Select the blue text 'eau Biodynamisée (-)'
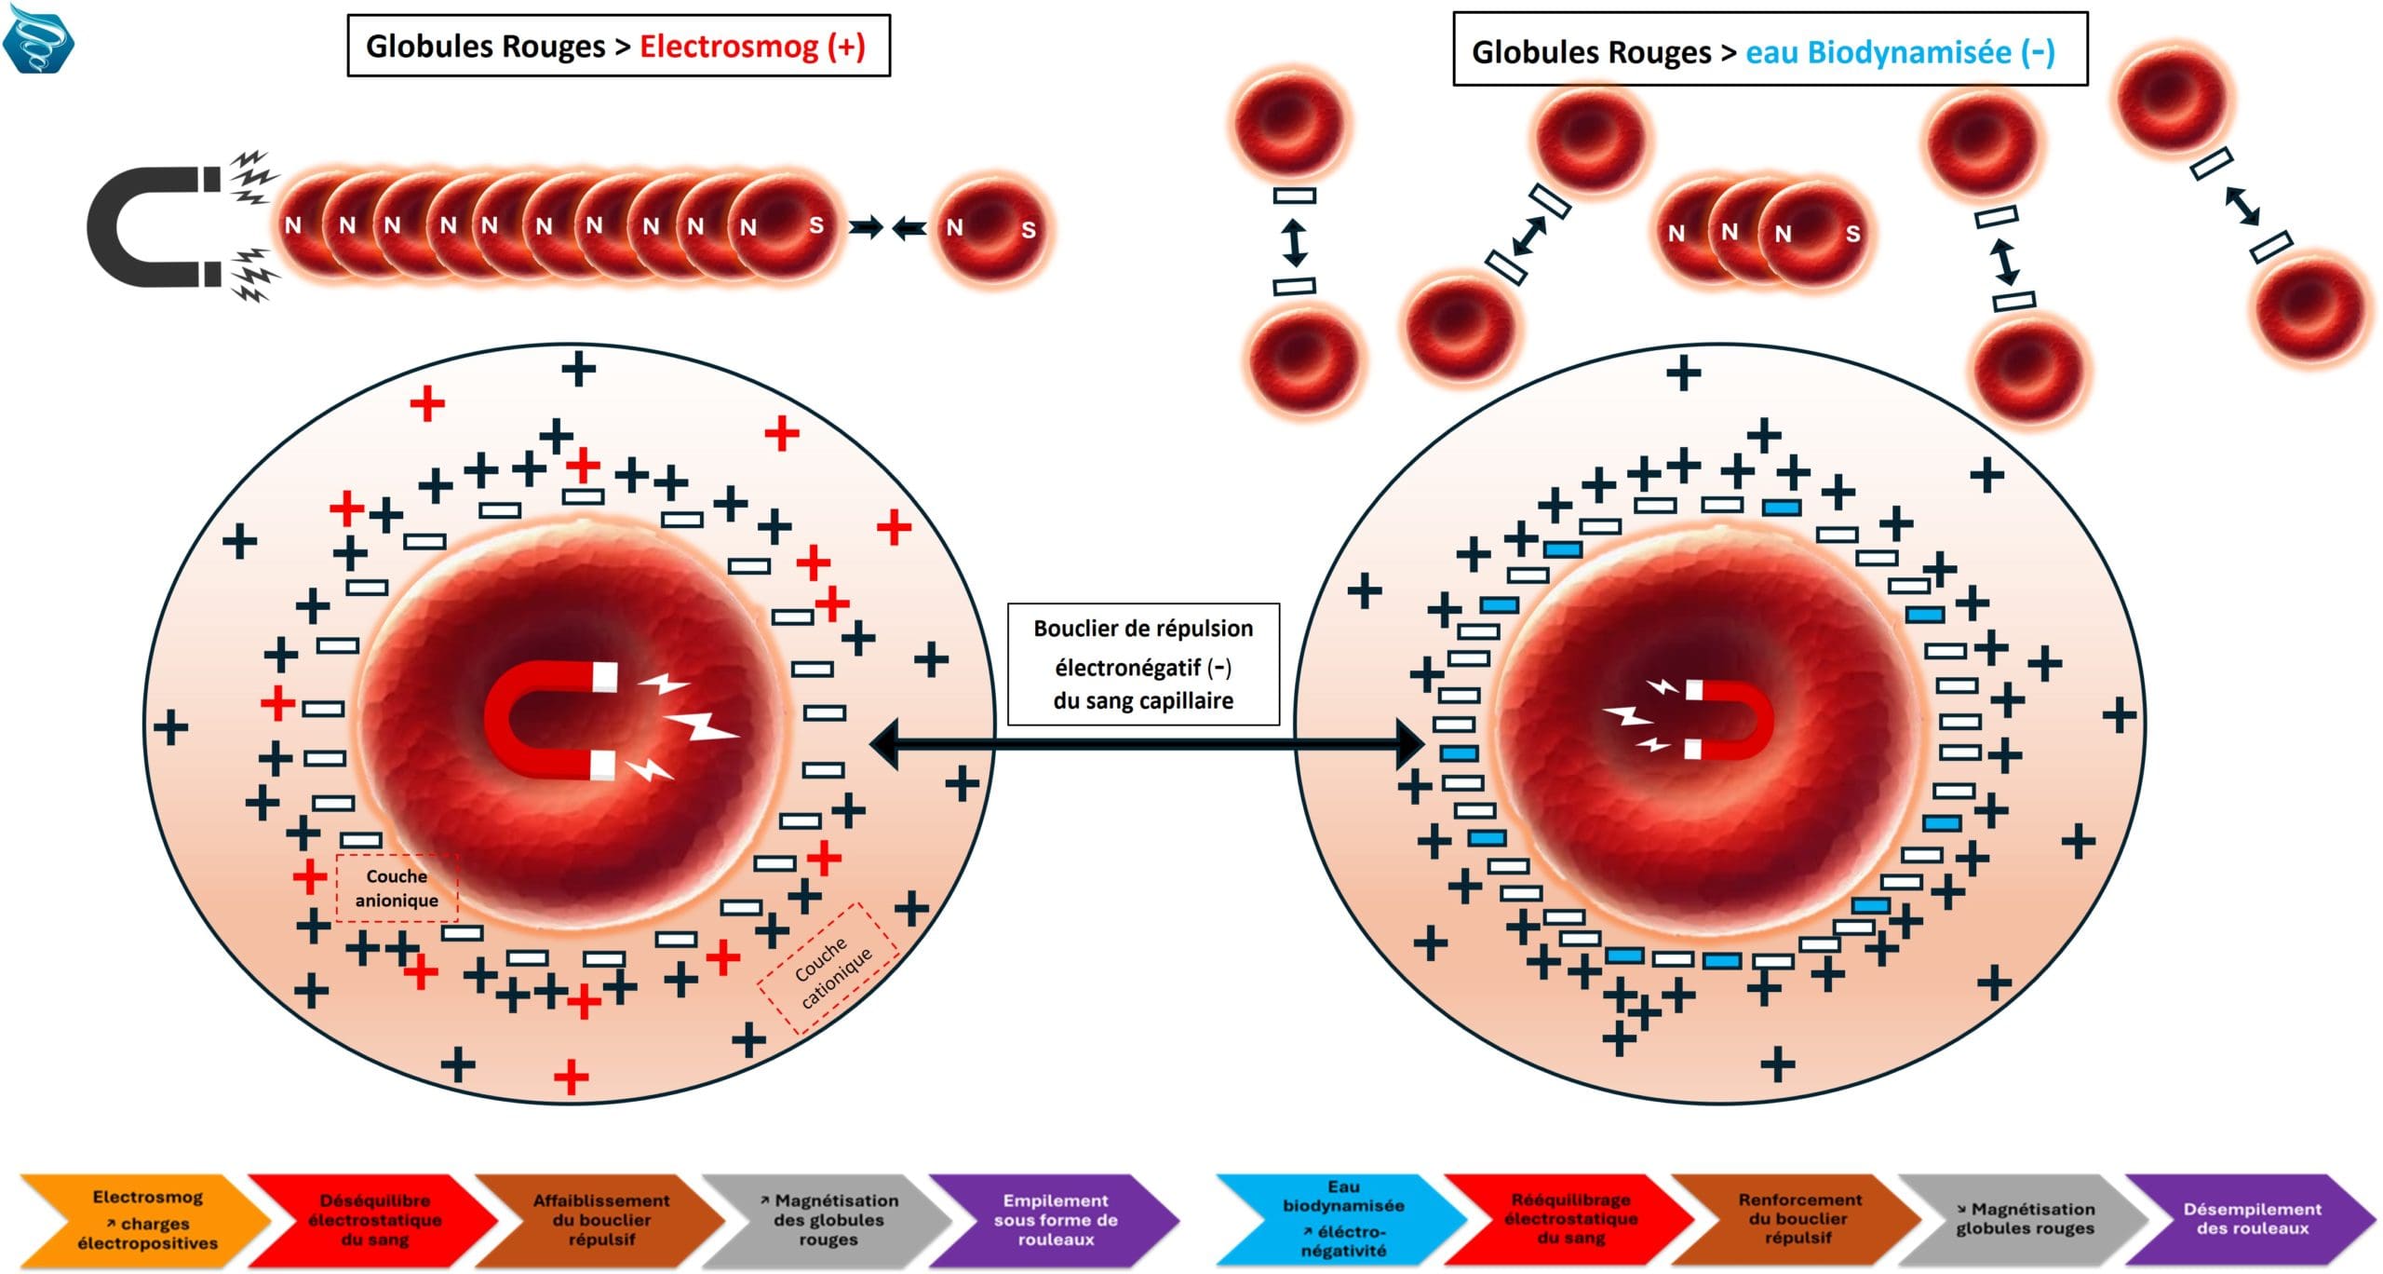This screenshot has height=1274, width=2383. tap(1899, 52)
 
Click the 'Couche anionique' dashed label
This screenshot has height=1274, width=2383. tap(397, 888)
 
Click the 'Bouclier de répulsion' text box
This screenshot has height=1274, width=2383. tap(1143, 664)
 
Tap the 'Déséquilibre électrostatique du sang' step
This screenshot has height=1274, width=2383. tap(375, 1220)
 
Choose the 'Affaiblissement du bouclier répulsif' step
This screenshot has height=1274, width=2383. tap(601, 1220)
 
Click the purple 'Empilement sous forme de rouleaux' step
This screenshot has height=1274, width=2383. tap(1055, 1220)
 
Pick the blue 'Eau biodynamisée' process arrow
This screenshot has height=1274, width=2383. tap(1342, 1220)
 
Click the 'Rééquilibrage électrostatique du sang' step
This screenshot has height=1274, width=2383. tap(1570, 1220)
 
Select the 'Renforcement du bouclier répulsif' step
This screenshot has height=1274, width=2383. tap(1799, 1220)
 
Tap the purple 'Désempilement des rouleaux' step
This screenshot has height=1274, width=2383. tap(2253, 1220)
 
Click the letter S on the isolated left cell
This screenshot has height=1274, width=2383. tap(1028, 230)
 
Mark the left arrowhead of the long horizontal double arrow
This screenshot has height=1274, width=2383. tap(884, 744)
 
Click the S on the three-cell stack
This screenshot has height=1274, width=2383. tap(1852, 234)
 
